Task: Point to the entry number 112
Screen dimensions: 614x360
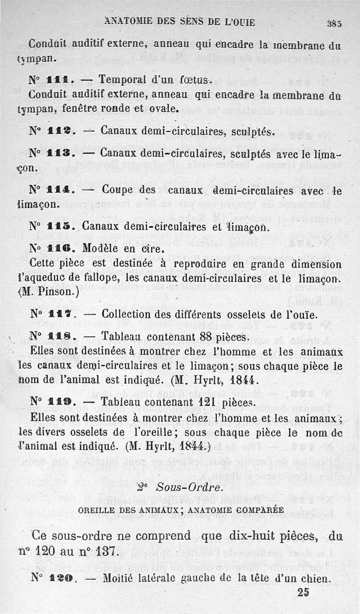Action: pos(58,131)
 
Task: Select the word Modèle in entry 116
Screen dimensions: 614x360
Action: pos(103,249)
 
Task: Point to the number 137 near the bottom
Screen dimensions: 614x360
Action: pos(107,551)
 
